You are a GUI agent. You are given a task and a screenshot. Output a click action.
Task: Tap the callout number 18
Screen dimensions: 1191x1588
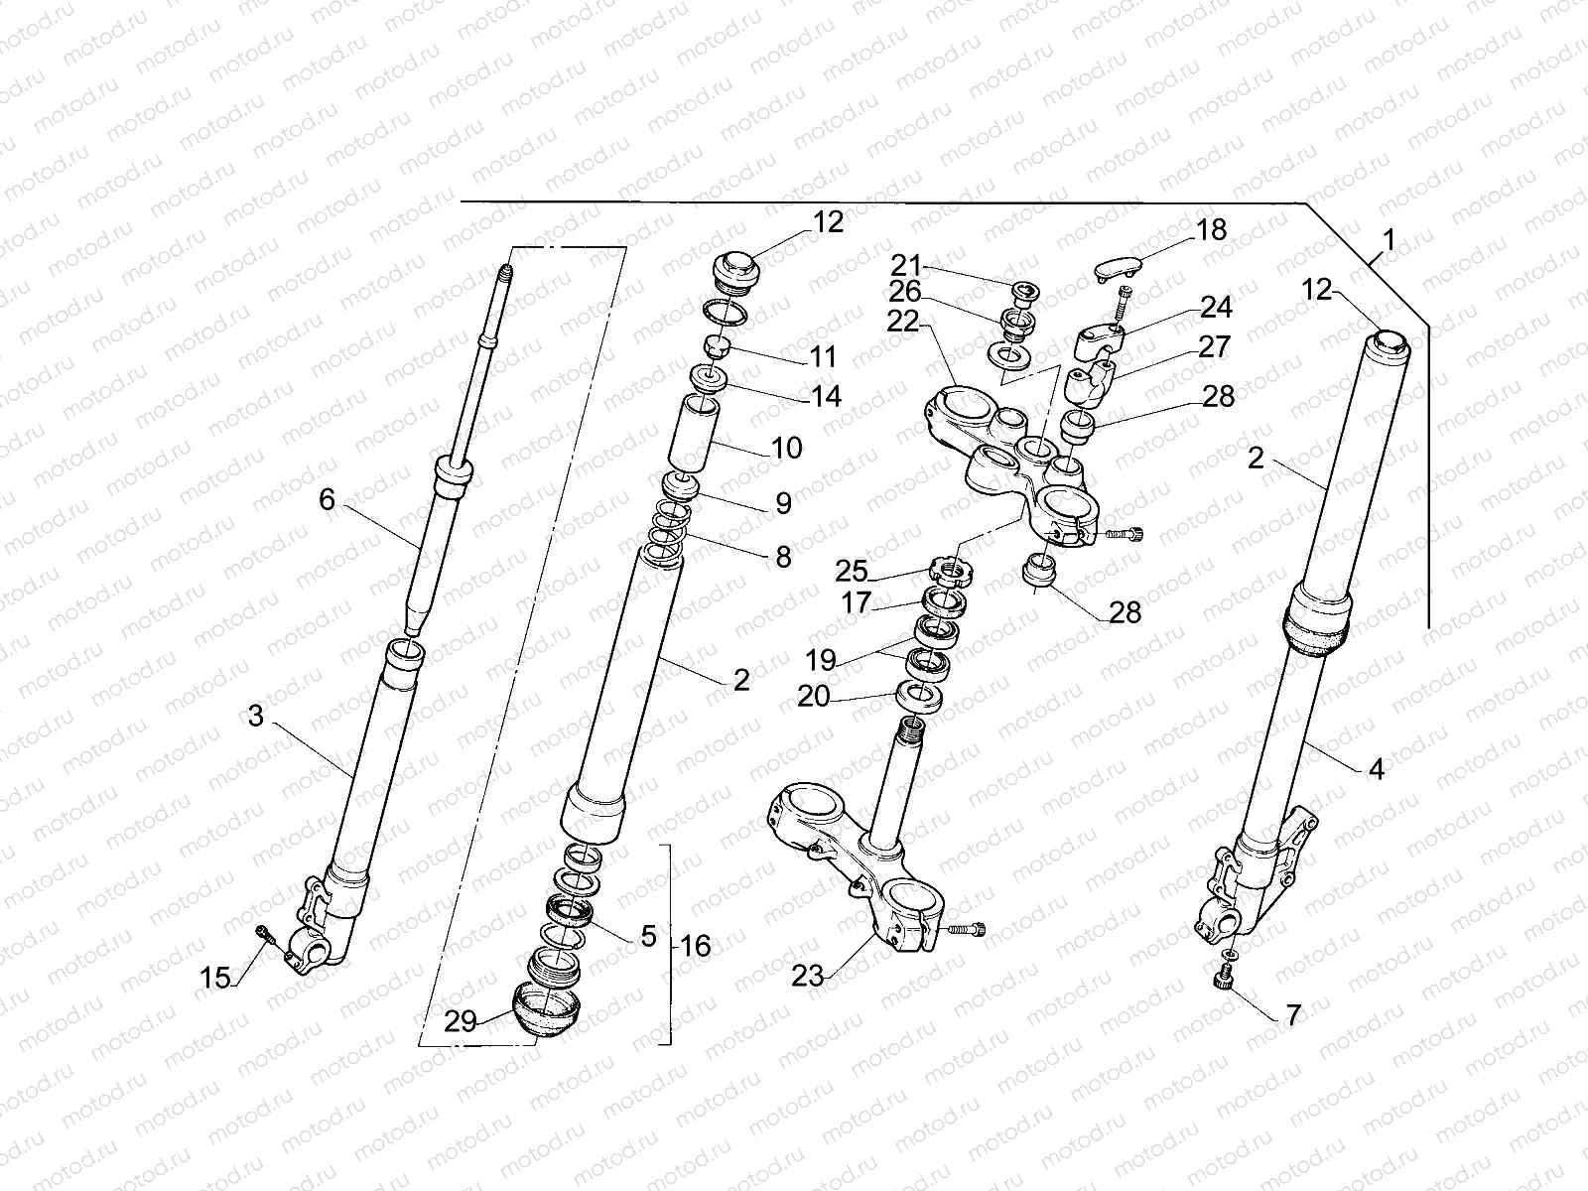(1211, 229)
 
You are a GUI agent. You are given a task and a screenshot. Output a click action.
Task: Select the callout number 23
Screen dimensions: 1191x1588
(808, 977)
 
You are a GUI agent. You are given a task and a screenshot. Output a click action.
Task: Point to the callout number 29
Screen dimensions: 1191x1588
(461, 1020)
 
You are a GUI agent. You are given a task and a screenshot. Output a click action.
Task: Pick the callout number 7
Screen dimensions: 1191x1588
(1291, 1015)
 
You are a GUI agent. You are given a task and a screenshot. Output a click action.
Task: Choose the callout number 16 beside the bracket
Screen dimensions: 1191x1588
(696, 945)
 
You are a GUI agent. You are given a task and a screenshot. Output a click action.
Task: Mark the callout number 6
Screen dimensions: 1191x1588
(328, 500)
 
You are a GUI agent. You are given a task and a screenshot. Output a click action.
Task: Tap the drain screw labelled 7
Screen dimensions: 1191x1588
(1224, 981)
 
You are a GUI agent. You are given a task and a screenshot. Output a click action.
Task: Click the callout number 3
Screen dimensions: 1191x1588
(256, 715)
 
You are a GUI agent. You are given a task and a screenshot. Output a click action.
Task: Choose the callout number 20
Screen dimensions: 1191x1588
(814, 698)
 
